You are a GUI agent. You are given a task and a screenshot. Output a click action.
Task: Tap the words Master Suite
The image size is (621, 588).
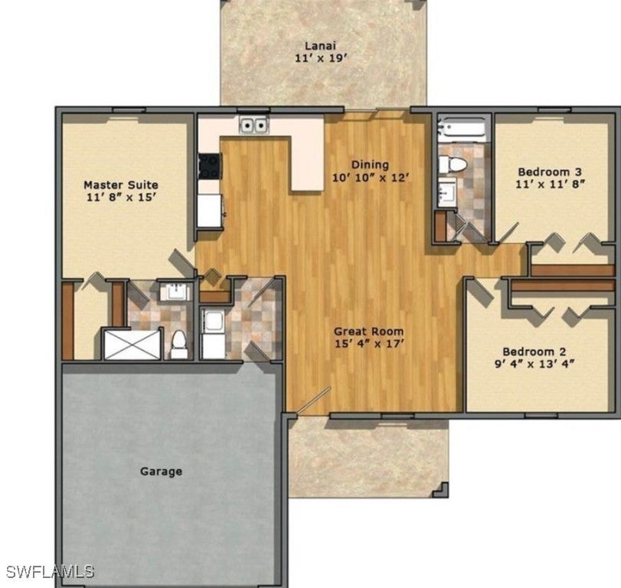coord(121,185)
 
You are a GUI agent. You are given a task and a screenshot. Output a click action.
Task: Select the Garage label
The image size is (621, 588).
coord(161,471)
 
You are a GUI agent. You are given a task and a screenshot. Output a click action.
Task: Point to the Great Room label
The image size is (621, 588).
coord(368,332)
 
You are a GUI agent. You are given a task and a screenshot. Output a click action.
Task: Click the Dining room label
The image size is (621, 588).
coord(370,165)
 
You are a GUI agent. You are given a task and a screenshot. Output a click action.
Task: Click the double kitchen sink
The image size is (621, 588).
coord(253,125)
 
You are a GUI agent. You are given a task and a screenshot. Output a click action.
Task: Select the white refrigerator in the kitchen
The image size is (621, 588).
coord(208,210)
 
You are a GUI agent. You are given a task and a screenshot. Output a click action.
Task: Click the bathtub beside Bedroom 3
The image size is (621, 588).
coord(462,129)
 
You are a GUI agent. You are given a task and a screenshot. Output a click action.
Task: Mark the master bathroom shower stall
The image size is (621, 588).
coord(132,344)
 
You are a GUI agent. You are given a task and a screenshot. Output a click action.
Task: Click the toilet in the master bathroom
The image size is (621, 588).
coord(179,345)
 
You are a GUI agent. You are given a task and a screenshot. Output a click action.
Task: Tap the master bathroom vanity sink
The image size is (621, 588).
coord(177,291)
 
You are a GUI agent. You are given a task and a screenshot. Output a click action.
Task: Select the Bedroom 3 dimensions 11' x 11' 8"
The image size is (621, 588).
coord(550,184)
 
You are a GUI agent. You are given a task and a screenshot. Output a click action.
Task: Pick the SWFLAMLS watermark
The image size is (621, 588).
coord(50,571)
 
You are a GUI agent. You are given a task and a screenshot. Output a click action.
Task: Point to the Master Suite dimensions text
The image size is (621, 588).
coord(121,197)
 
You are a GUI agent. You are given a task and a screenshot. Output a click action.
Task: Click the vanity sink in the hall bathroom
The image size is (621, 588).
coord(446,191)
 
